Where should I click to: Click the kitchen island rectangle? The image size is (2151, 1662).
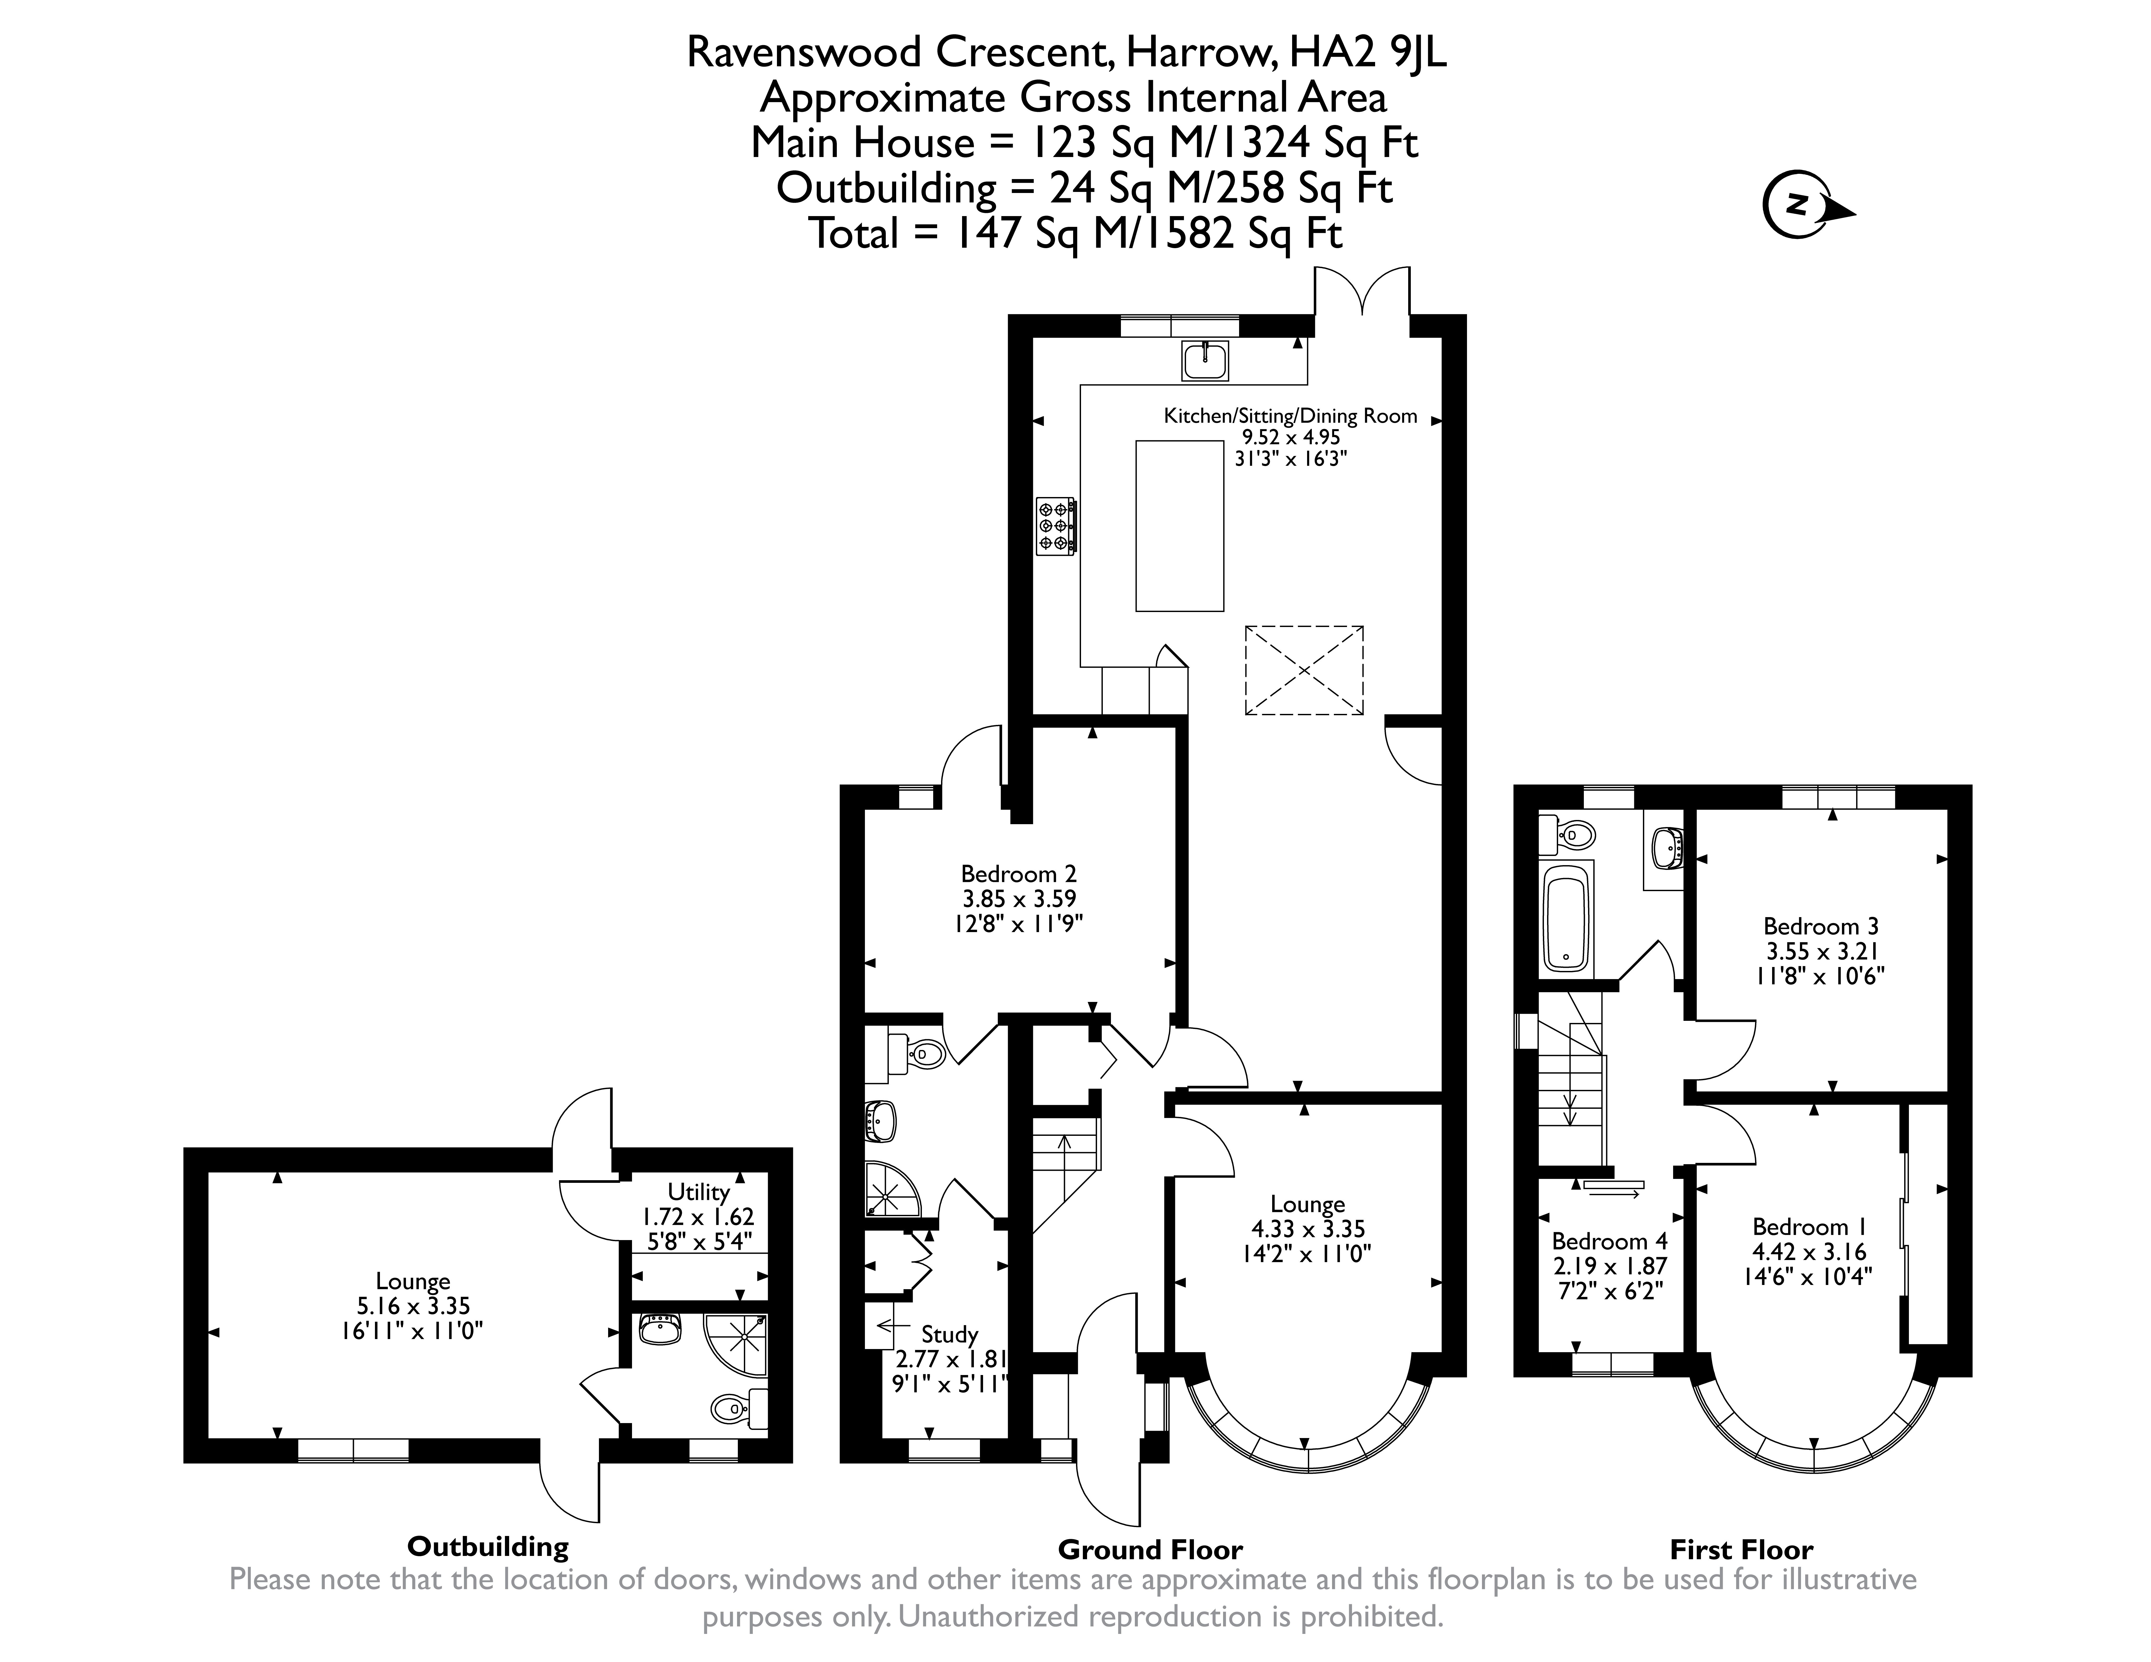pos(1180,526)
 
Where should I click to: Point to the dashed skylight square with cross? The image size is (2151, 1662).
pos(1304,670)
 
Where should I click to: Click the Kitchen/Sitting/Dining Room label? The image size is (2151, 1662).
pos(1290,415)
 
